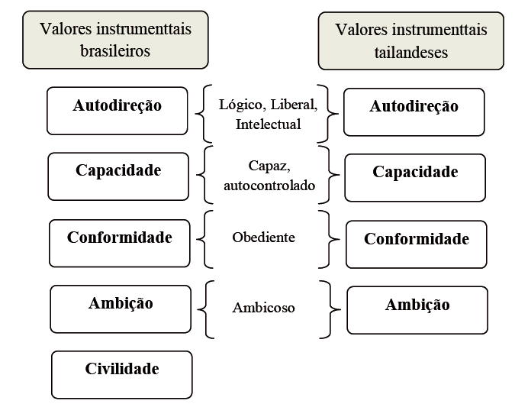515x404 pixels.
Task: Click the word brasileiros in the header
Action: coord(115,52)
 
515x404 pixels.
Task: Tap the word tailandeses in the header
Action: coord(412,53)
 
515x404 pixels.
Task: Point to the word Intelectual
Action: coord(269,123)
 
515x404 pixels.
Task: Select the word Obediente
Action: coord(263,238)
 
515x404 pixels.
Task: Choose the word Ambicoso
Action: coord(263,308)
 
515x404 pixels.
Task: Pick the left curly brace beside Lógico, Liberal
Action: coord(204,113)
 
